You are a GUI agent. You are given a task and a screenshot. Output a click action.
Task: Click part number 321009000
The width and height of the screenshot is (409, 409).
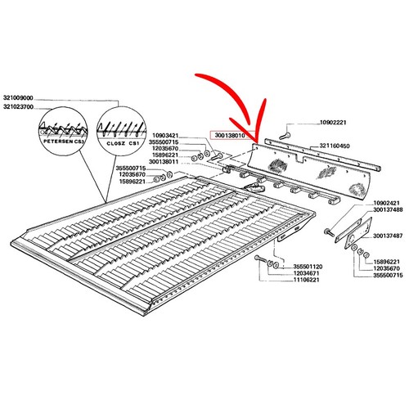pyautogui.click(x=18, y=97)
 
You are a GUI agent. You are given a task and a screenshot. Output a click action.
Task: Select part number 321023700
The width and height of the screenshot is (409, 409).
pyautogui.click(x=18, y=107)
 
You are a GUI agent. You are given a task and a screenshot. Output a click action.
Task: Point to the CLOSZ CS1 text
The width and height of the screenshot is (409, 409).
pyautogui.click(x=123, y=143)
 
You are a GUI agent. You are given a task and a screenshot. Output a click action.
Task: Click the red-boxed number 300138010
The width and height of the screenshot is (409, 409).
pyautogui.click(x=230, y=135)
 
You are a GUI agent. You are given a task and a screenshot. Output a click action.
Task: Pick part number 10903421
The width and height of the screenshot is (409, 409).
pyautogui.click(x=165, y=136)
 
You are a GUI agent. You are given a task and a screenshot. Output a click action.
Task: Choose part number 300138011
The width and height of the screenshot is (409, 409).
pyautogui.click(x=164, y=162)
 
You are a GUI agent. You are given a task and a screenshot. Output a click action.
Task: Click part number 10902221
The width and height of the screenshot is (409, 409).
pyautogui.click(x=333, y=123)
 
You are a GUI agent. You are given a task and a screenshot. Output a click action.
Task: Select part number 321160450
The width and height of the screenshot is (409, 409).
pyautogui.click(x=335, y=146)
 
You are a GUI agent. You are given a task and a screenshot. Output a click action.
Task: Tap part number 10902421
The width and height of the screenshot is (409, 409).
pyautogui.click(x=386, y=203)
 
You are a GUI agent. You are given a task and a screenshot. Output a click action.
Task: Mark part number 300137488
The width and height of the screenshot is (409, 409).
pyautogui.click(x=388, y=210)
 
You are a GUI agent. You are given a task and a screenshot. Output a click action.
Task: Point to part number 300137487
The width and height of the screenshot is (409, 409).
pyautogui.click(x=388, y=236)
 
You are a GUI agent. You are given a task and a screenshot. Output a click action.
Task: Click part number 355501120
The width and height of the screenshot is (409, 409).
pyautogui.click(x=308, y=267)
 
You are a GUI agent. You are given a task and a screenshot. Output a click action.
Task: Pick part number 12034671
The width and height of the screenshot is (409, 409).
pyautogui.click(x=306, y=273)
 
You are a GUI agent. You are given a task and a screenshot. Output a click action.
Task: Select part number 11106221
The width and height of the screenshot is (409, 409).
pyautogui.click(x=306, y=280)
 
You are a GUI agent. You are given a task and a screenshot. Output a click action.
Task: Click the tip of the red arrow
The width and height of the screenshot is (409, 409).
pyautogui.click(x=256, y=142)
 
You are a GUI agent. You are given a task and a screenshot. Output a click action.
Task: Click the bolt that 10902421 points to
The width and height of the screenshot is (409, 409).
pyautogui.click(x=329, y=232)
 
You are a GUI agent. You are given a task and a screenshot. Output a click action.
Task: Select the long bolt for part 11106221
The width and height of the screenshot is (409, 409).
pyautogui.click(x=261, y=258)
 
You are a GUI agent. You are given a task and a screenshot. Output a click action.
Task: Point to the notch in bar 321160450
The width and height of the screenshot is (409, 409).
pyautogui.click(x=299, y=160)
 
